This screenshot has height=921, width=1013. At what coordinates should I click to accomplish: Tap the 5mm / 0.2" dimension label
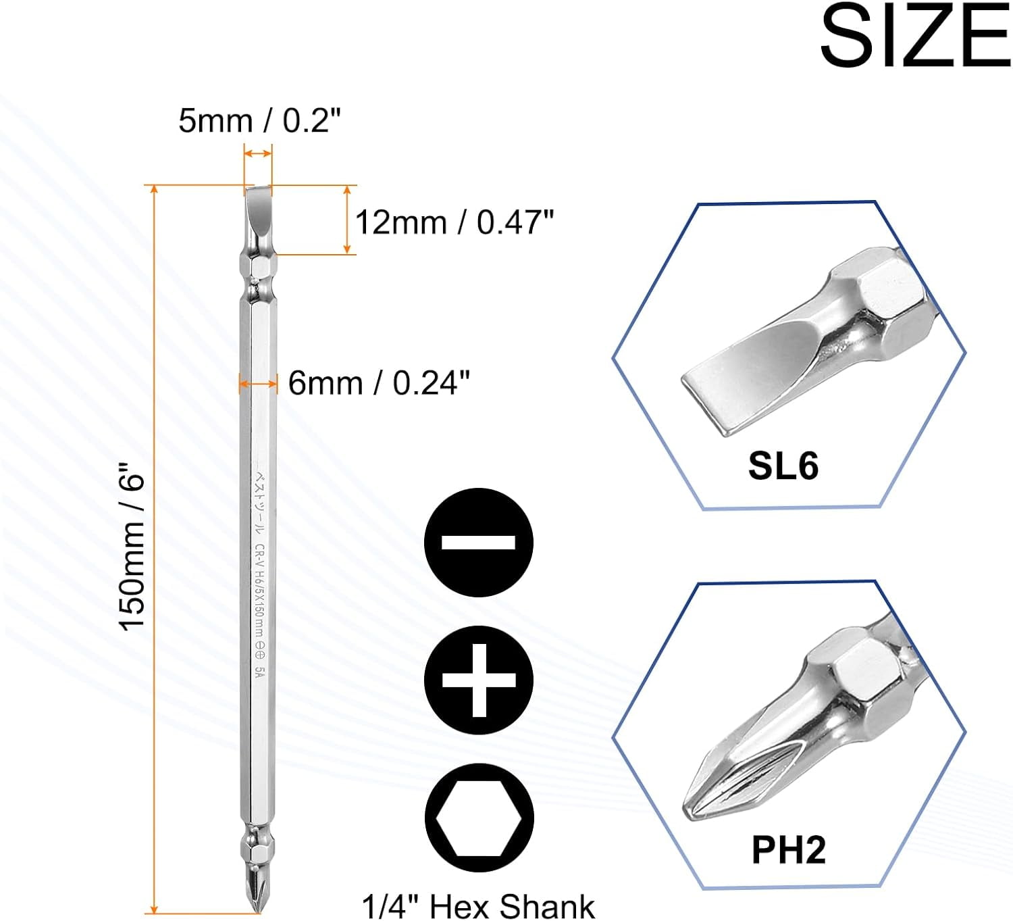point(259,120)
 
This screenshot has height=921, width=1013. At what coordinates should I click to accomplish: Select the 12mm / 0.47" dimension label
point(454,222)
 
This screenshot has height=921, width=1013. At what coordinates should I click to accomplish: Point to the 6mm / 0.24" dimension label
point(378,383)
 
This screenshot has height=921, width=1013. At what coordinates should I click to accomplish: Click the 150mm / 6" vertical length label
point(132,546)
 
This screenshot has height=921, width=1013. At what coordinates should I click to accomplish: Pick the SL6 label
point(783,466)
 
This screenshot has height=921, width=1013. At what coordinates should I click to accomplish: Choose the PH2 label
point(788,849)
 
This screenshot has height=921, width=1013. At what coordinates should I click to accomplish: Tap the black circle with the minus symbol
point(479,542)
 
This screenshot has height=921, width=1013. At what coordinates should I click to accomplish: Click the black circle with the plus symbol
point(479,680)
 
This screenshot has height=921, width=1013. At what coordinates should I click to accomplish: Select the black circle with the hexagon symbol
point(479,818)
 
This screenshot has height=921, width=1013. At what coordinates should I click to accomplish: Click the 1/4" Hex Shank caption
point(478,906)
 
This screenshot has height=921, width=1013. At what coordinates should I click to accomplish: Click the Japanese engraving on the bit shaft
point(259,500)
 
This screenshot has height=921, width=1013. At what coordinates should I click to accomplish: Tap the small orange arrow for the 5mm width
point(258,154)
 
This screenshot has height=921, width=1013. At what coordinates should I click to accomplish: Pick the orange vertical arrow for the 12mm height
point(347,220)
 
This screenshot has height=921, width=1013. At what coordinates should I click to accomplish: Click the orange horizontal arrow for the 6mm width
point(258,384)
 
